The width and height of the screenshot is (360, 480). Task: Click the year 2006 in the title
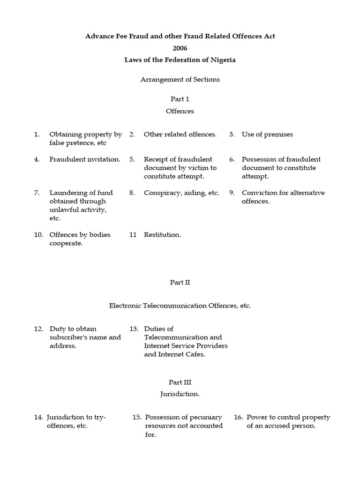pos(180,48)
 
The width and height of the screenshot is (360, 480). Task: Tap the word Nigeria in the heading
pos(223,60)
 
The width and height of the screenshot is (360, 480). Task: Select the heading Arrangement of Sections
pos(180,80)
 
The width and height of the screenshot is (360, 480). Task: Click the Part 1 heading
pos(180,99)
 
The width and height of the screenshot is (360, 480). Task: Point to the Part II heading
pos(180,283)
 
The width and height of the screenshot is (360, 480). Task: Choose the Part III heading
pos(180,382)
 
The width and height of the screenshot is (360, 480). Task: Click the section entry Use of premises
pos(267,135)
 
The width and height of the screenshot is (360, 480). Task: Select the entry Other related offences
pos(180,135)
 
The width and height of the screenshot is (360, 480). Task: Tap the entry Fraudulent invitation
pos(85,159)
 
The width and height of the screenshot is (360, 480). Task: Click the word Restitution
pos(162,235)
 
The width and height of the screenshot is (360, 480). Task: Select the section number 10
pos(38,235)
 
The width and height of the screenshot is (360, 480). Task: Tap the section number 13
pos(134,329)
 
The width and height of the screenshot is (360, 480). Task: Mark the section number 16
pos(238,417)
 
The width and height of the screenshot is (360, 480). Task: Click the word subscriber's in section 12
pos(68,337)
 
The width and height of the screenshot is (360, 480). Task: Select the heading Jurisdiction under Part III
pos(180,394)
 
